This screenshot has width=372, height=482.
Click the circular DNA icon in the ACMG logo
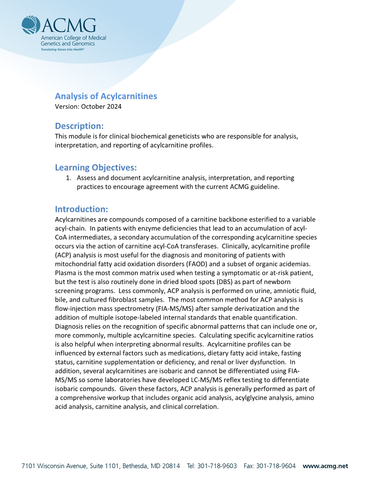pyautogui.click(x=31, y=25)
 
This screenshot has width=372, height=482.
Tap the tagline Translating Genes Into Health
pyautogui.click(x=62, y=49)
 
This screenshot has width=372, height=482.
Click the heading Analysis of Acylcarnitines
pyautogui.click(x=106, y=96)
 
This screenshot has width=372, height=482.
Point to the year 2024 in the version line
pyautogui.click(x=114, y=107)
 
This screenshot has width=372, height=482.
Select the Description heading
pyautogui.click(x=79, y=126)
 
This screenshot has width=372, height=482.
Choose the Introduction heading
pyautogui.click(x=81, y=209)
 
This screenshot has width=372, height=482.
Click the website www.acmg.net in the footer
pyautogui.click(x=325, y=466)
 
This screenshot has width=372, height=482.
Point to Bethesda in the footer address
pyautogui.click(x=134, y=466)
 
